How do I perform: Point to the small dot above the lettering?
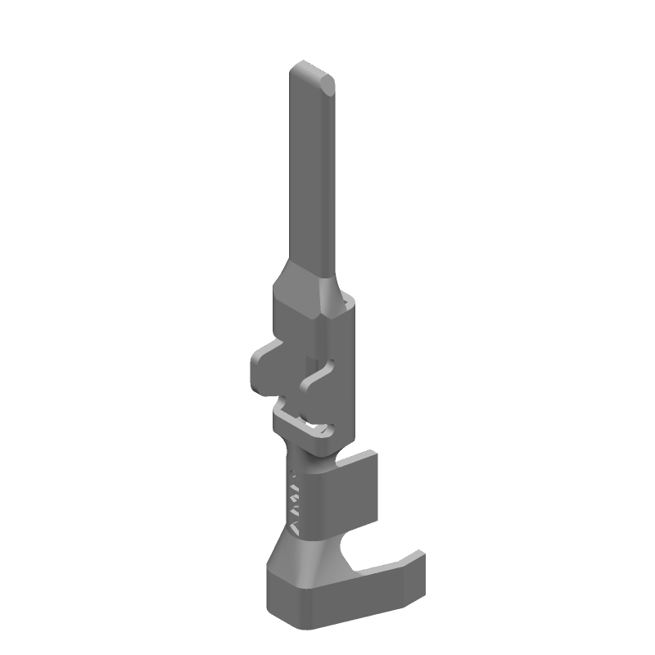[292, 472]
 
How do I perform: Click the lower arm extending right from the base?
[385, 573]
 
